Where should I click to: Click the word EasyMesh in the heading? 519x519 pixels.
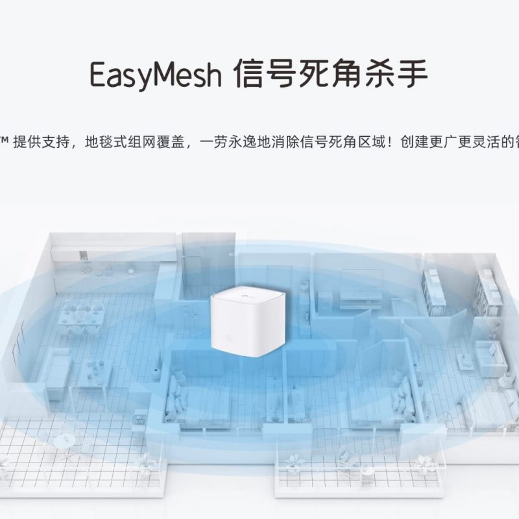click(x=155, y=75)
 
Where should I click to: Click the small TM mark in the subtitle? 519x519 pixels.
click(x=4, y=140)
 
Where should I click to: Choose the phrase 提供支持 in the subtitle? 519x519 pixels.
click(x=42, y=142)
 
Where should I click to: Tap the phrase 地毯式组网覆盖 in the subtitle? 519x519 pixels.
click(x=134, y=142)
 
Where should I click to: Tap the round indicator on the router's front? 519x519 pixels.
click(x=230, y=337)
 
